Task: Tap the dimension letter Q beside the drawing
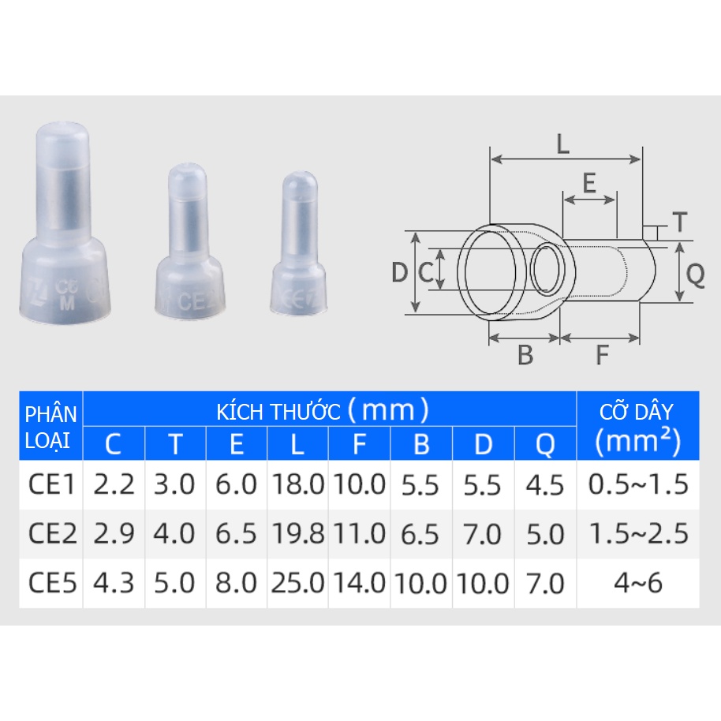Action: tap(695, 274)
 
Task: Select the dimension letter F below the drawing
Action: tap(602, 356)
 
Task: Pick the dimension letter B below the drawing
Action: tap(525, 356)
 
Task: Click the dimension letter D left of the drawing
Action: tap(400, 273)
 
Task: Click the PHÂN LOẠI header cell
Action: tap(51, 427)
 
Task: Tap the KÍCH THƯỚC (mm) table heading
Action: tap(323, 410)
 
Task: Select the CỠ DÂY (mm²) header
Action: tap(637, 427)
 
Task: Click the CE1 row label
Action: tap(52, 484)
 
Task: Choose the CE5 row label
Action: tap(52, 584)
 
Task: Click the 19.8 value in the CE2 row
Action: tap(298, 535)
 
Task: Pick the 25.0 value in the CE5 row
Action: tap(298, 584)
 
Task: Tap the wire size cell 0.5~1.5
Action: tap(637, 484)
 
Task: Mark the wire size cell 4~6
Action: tap(637, 584)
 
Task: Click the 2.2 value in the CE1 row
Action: tap(114, 484)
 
